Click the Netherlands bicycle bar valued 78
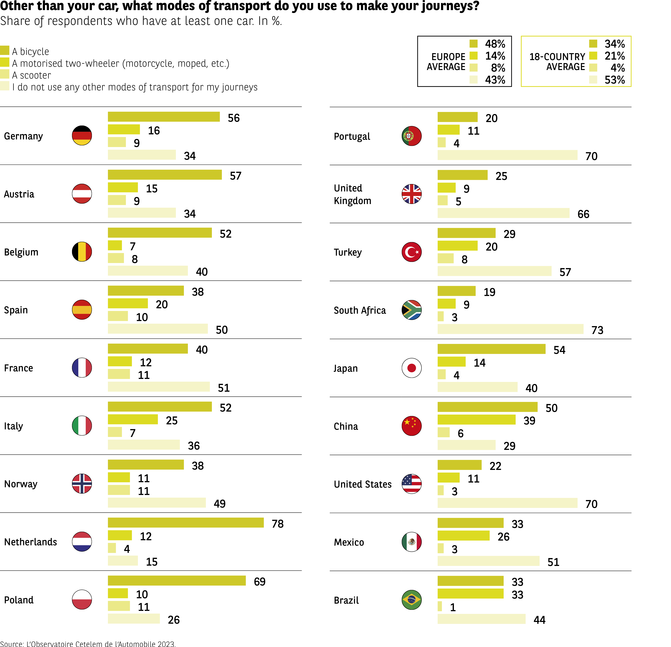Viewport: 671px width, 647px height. pos(186,523)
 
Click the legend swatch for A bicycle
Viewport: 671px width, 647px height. pos(4,50)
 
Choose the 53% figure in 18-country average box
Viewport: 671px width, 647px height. pos(614,80)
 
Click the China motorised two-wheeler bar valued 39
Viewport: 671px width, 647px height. pos(476,420)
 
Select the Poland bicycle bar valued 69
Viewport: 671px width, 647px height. pos(177,581)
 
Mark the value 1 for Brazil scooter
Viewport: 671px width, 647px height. pos(453,607)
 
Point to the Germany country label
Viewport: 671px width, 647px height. pos(23,136)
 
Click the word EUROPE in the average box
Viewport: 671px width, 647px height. pos(448,56)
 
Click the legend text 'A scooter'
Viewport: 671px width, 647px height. pos(31,75)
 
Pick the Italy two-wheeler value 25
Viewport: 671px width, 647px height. pos(171,420)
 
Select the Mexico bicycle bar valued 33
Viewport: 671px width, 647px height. pos(470,523)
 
